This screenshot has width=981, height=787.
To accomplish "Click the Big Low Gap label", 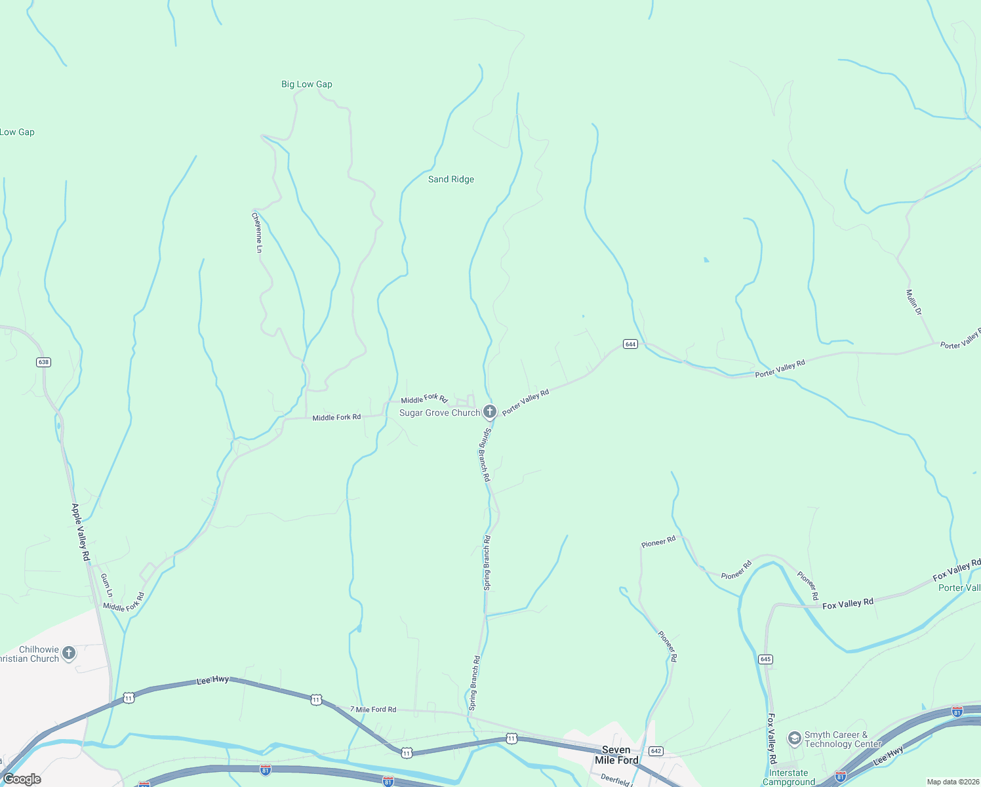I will coord(307,84).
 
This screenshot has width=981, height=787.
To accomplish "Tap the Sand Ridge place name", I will coord(451,179).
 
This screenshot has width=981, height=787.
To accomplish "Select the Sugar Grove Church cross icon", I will coord(490,412).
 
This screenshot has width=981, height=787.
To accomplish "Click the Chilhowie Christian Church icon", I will coord(69,653).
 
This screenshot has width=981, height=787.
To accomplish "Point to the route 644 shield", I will coord(630,344).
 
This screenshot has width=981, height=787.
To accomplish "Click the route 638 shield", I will coord(43,362).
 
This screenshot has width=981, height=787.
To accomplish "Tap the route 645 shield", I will coord(765,659).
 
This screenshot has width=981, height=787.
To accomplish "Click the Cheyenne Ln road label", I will coord(257,232).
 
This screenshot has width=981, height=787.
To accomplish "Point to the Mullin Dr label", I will coord(914,302).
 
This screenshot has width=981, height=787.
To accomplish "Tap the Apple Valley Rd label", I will coord(81,532).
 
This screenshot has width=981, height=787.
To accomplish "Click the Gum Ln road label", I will coord(106,585).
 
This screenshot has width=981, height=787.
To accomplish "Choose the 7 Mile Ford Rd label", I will coord(373,709).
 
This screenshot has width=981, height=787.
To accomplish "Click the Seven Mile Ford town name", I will coord(616,755).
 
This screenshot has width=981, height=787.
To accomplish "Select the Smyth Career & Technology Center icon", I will coord(794,739).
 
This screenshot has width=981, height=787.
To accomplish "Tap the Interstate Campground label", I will coord(789,777).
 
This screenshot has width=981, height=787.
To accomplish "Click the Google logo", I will coord(22,779).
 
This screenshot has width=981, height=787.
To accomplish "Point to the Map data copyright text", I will coord(953,782).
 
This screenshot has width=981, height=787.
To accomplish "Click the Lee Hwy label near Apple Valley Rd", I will coord(213,681).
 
